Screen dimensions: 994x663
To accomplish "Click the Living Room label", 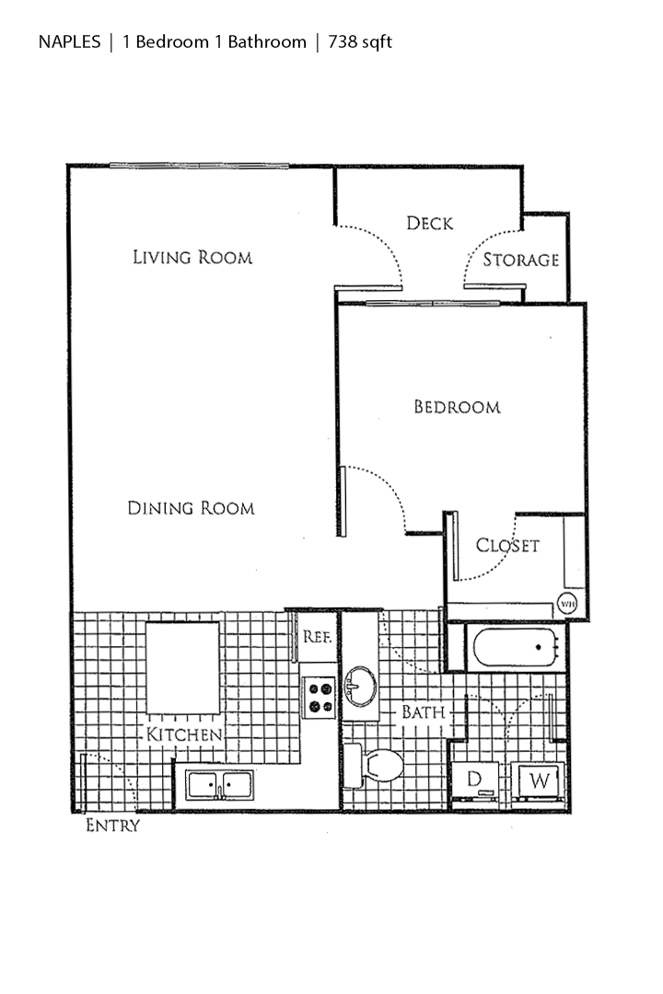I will (192, 257).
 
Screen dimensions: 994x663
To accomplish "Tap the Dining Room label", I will (191, 507).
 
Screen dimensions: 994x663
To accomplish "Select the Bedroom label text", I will (457, 407).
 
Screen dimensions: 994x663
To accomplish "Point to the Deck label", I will (430, 223).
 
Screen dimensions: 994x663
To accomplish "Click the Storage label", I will (521, 260).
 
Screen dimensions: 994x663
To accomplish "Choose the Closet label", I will (507, 545).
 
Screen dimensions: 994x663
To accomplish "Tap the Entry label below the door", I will (112, 826).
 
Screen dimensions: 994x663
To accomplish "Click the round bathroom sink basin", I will (359, 684).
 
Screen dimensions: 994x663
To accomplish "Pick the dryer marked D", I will (476, 780).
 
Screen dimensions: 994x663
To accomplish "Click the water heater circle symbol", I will (566, 605).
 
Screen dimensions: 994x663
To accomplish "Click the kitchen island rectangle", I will (182, 667).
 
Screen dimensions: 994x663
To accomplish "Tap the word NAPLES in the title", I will (70, 42).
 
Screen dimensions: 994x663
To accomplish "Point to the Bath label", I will (423, 711).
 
